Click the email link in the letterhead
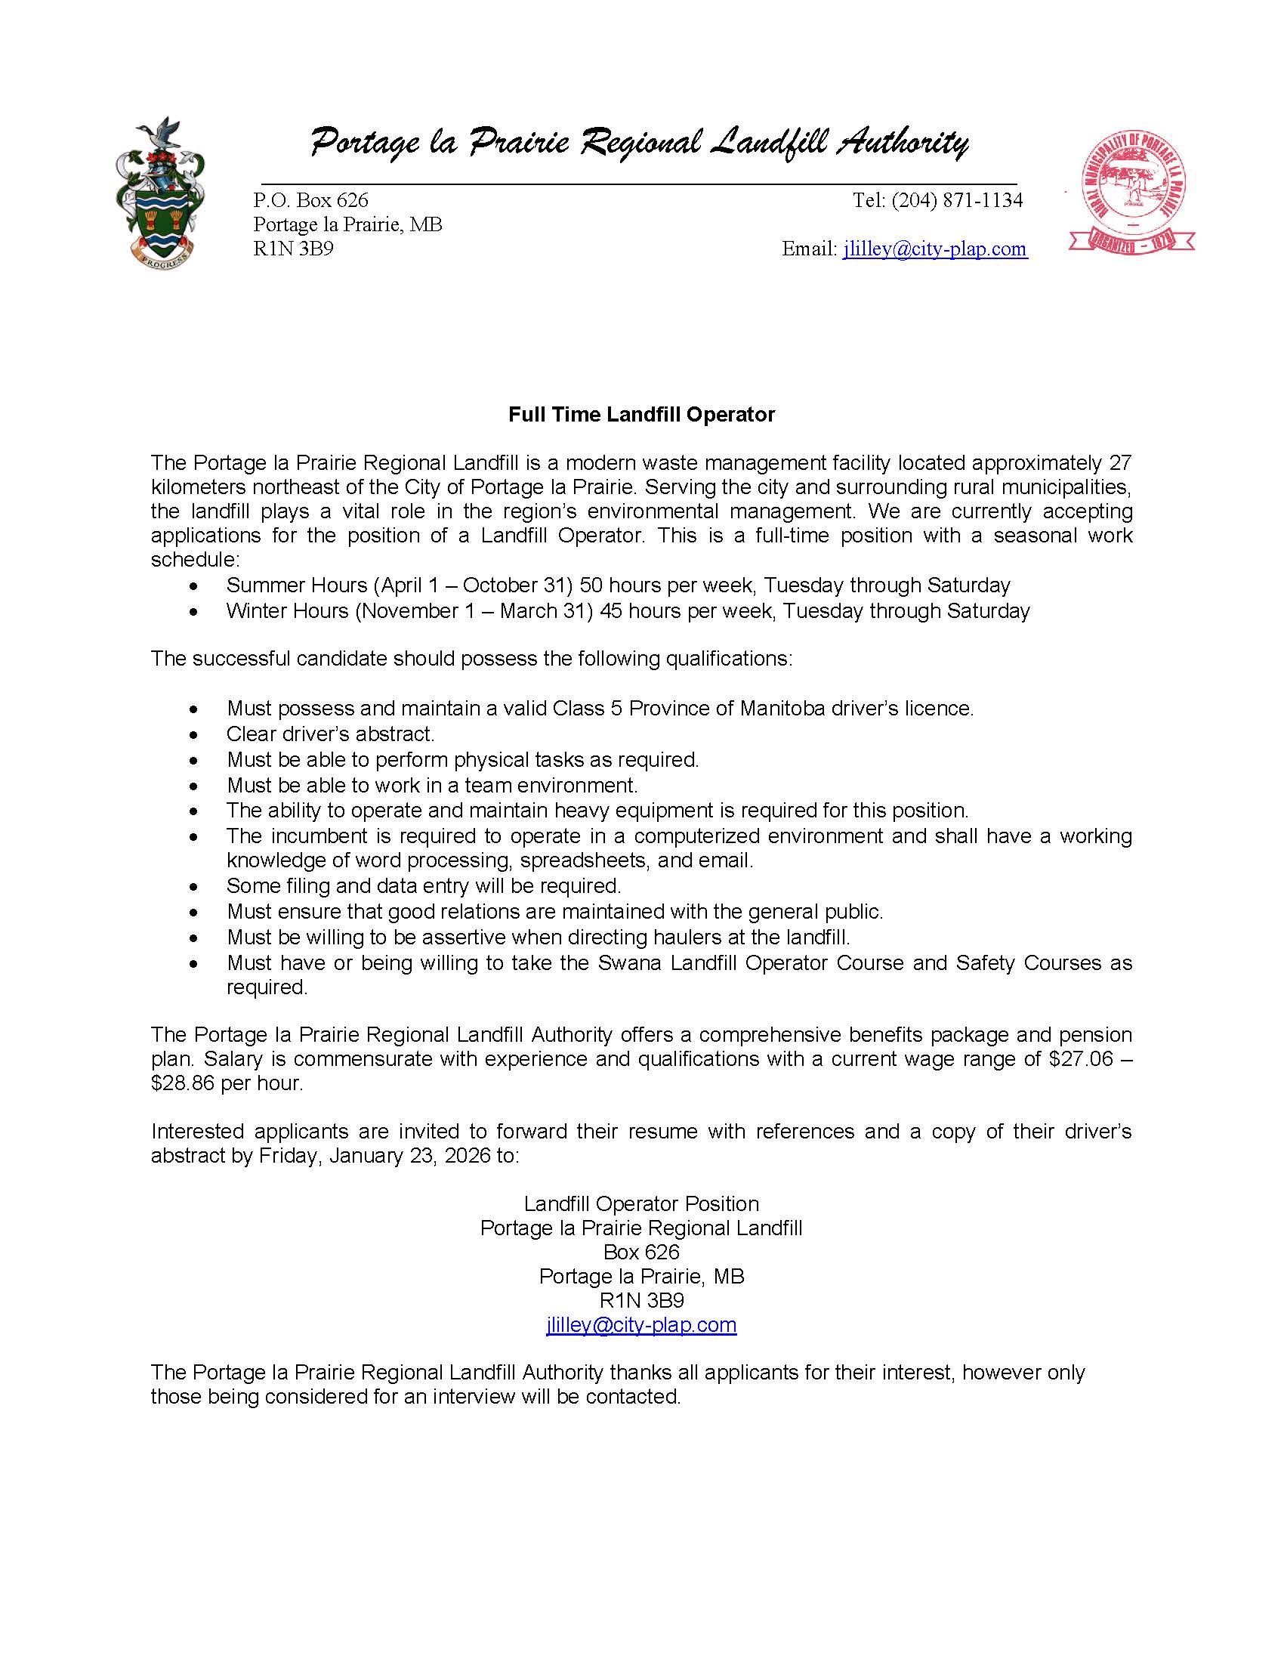[935, 249]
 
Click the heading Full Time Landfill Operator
[641, 414]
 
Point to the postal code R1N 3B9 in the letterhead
[294, 249]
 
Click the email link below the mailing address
[641, 1324]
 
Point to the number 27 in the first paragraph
[1119, 462]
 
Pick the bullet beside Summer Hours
[196, 587]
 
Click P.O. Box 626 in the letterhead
[310, 200]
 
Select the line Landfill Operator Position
[641, 1203]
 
